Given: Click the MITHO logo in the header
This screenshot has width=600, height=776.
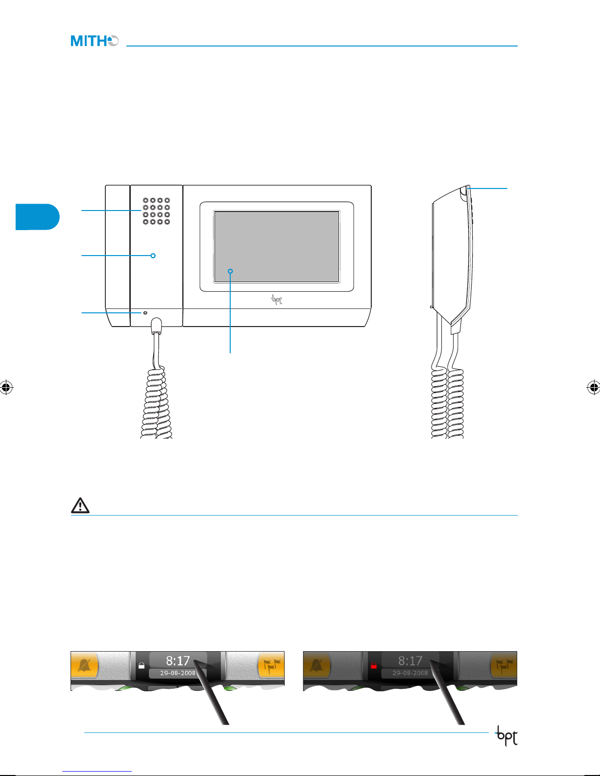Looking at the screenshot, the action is pos(95,41).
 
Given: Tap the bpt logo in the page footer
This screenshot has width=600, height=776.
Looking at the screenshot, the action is pos(506,736).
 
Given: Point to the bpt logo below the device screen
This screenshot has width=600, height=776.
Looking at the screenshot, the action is pos(277,300).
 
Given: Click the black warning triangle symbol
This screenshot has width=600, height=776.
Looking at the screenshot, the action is pos(80,505).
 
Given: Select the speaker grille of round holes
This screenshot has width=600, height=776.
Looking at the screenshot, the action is pos(156,211).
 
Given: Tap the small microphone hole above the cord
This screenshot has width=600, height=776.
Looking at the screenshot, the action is pos(145,312).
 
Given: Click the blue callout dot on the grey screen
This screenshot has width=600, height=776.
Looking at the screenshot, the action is pos(230,271).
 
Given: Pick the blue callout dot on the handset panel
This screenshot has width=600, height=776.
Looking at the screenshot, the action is pos(153,255).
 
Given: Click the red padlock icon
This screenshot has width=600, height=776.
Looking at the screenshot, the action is pos(374,666).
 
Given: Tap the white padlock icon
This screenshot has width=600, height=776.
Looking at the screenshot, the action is pos(142,666).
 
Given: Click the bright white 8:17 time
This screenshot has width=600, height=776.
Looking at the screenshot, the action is pos(177,661).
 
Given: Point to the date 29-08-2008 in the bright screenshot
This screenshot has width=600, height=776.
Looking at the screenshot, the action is pos(177,673).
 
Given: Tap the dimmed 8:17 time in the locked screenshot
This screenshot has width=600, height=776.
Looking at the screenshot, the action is pos(410,661).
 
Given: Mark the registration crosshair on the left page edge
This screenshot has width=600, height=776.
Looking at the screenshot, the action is pos(6,387).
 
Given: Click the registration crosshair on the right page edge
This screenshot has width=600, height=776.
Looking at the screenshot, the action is pos(593,387).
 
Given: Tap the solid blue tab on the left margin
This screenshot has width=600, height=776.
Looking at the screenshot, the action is pos(37,216).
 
